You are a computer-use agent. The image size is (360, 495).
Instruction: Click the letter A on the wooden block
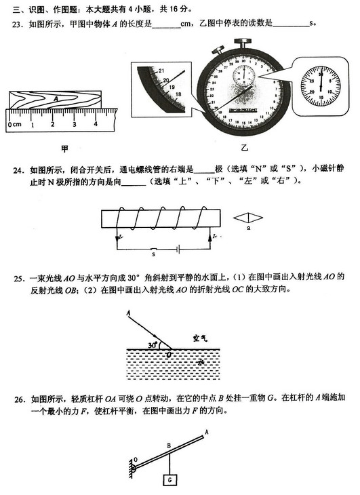pos(55,98)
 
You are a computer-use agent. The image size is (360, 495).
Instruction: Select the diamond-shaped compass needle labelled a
pos(247,218)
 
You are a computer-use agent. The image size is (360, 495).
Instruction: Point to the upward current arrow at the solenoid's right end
pos(205,237)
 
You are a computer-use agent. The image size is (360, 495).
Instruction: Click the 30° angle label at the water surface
pos(152,344)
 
